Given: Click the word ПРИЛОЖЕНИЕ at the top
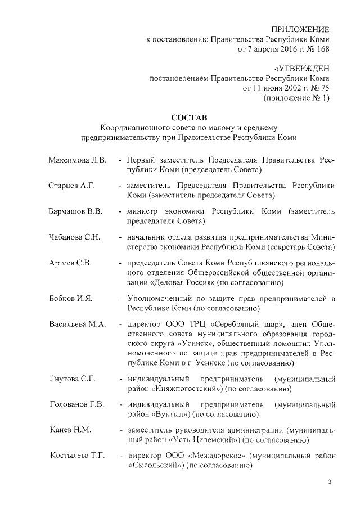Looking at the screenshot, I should pyautogui.click(x=300, y=29).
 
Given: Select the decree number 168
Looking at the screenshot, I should pyautogui.click(x=322, y=49).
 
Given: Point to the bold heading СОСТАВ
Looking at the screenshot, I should pyautogui.click(x=188, y=118).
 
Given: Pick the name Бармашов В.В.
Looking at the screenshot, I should pyautogui.click(x=75, y=211).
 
